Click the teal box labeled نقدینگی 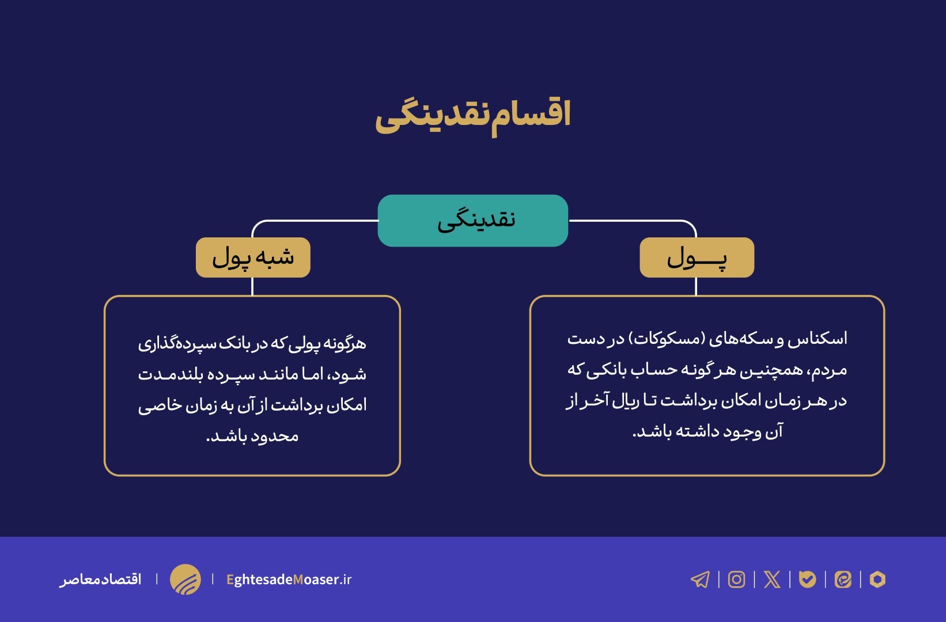pos(472,221)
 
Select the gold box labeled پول pos(697,257)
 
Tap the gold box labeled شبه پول pos(253,257)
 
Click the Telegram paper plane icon pos(700,579)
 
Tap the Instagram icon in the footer pos(736,579)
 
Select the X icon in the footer pos(772,579)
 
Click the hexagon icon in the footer pos(877,579)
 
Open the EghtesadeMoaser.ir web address pos(289,579)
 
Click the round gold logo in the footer pos(186,579)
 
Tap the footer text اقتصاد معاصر pos(101,579)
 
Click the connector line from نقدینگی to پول pos(634,221)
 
